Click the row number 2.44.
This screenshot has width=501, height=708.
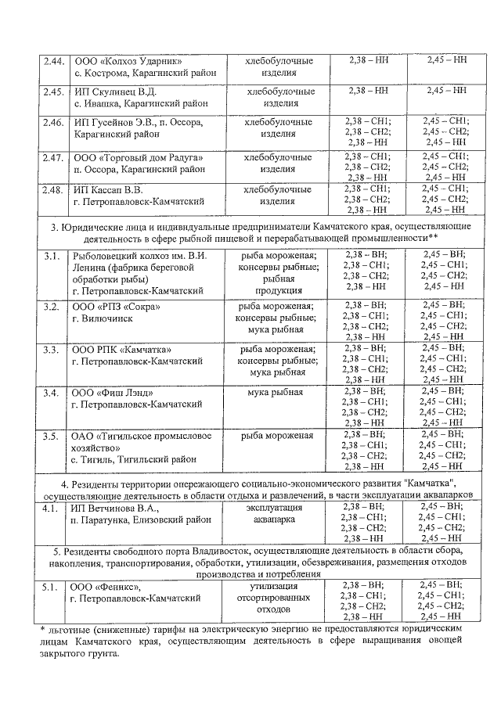pos(53,60)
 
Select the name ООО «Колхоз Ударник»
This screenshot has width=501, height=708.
pos(128,60)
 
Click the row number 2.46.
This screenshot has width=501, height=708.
pos(53,122)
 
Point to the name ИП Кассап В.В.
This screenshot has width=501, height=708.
pos(114,189)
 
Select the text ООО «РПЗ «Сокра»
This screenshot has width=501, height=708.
pos(117,306)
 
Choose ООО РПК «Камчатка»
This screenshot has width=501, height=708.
pos(121,349)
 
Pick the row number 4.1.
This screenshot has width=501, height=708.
pos(51,508)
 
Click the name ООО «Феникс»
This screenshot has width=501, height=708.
pos(106,586)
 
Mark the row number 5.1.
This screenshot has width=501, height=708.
pos(51,586)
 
